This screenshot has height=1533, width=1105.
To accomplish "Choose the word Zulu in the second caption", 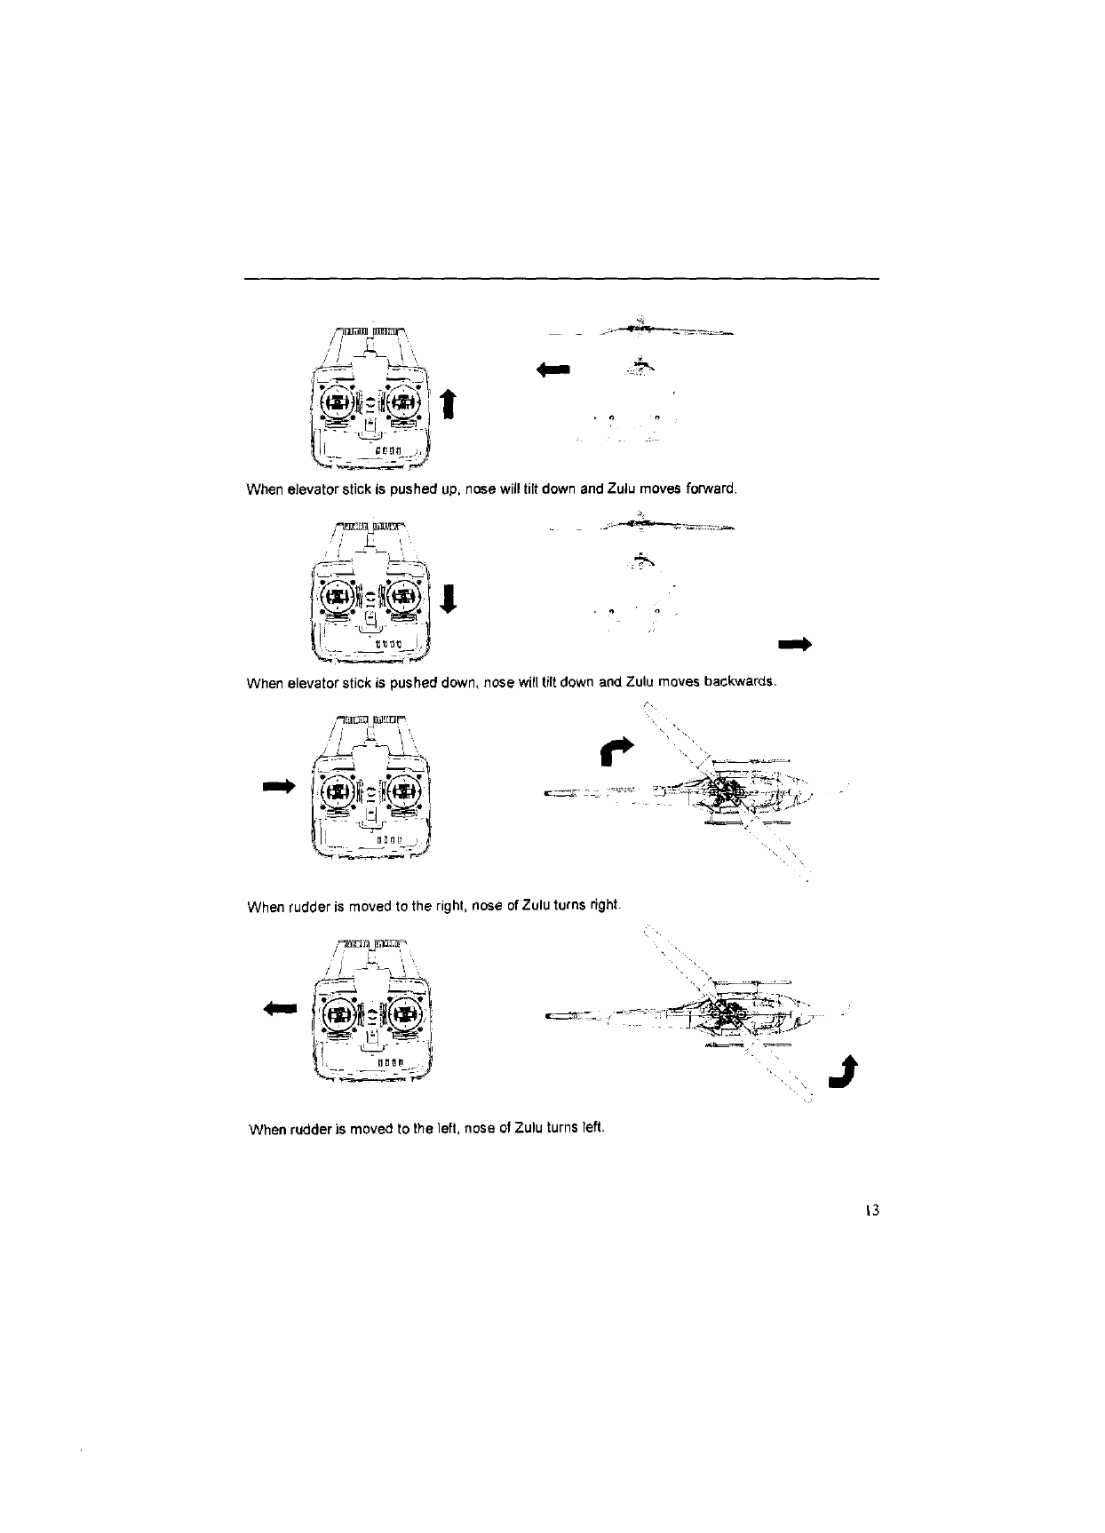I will tap(640, 682).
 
